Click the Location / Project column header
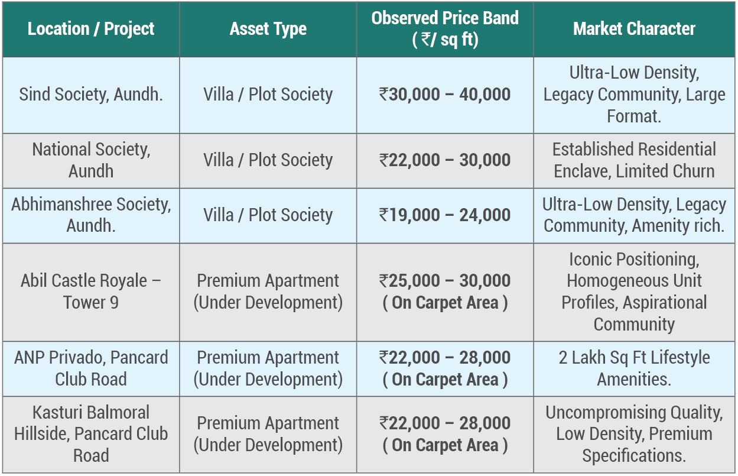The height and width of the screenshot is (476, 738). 91,29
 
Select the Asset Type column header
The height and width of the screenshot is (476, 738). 268,29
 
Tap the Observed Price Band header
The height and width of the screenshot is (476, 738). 445,28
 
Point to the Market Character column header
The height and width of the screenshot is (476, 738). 634,29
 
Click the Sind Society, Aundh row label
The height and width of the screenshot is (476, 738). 91,95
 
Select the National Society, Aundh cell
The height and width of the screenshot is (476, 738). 91,160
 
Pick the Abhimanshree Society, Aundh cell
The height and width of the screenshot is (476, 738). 91,215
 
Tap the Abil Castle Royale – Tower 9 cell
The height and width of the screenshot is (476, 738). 91,292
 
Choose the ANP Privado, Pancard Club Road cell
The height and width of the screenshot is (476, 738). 91,368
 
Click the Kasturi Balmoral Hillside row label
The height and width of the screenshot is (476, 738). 91,434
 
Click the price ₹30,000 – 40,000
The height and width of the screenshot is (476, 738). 445,95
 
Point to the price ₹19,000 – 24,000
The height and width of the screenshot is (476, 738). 445,215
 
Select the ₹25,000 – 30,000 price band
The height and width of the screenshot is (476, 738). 445,281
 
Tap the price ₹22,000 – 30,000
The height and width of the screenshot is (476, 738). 445,160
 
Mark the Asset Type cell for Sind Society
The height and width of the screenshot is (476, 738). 268,95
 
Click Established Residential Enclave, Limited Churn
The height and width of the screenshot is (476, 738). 634,160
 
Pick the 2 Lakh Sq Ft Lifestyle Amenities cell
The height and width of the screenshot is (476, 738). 634,368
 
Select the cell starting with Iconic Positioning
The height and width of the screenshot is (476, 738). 634,292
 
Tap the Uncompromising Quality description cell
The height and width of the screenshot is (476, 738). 634,434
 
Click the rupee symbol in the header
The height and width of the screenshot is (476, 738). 425,40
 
